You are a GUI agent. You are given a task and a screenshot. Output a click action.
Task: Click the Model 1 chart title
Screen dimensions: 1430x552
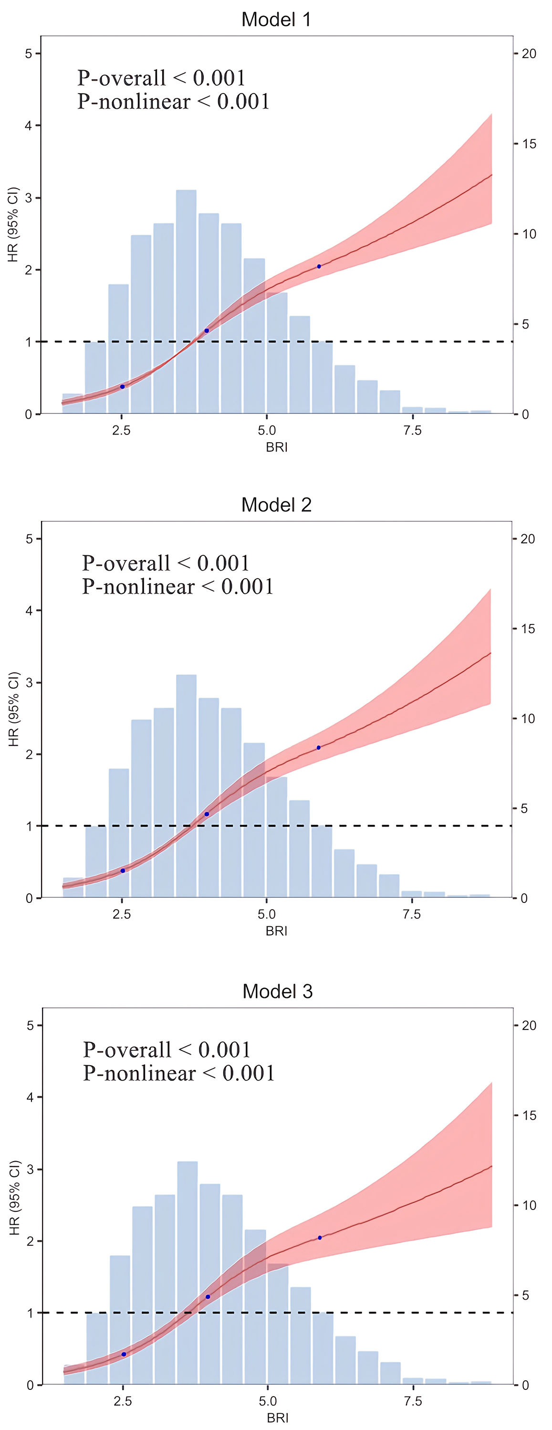click(x=276, y=20)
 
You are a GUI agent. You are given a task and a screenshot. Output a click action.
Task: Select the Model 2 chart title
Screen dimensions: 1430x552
click(x=276, y=505)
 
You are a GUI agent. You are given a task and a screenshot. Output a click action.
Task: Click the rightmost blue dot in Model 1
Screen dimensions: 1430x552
click(x=319, y=266)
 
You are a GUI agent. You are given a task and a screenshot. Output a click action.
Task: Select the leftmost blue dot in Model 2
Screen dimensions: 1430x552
click(x=123, y=870)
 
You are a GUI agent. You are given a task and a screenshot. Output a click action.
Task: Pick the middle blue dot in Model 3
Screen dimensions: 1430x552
click(x=208, y=1297)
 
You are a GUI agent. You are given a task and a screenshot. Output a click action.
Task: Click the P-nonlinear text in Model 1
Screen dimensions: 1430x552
click(x=173, y=102)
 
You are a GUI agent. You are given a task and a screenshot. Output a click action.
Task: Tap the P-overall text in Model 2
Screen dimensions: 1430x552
click(x=166, y=563)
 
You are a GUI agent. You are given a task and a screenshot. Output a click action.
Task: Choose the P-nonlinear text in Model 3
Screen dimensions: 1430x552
click(x=178, y=1073)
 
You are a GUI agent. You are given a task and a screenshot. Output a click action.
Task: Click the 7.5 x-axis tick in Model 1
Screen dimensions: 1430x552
click(x=412, y=431)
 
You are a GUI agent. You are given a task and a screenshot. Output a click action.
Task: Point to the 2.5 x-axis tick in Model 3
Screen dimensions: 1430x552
click(x=123, y=1401)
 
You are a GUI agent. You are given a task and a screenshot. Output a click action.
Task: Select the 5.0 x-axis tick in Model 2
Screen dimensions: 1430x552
click(x=266, y=914)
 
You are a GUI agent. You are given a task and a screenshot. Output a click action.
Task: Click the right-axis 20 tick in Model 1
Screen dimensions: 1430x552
click(x=529, y=54)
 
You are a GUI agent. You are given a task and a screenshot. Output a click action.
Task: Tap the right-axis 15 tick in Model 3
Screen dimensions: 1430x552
click(x=529, y=1116)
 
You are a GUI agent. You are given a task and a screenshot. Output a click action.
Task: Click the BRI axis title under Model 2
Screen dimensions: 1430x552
click(x=276, y=931)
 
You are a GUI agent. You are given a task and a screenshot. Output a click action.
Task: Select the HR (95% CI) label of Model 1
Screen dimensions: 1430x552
click(x=13, y=224)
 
